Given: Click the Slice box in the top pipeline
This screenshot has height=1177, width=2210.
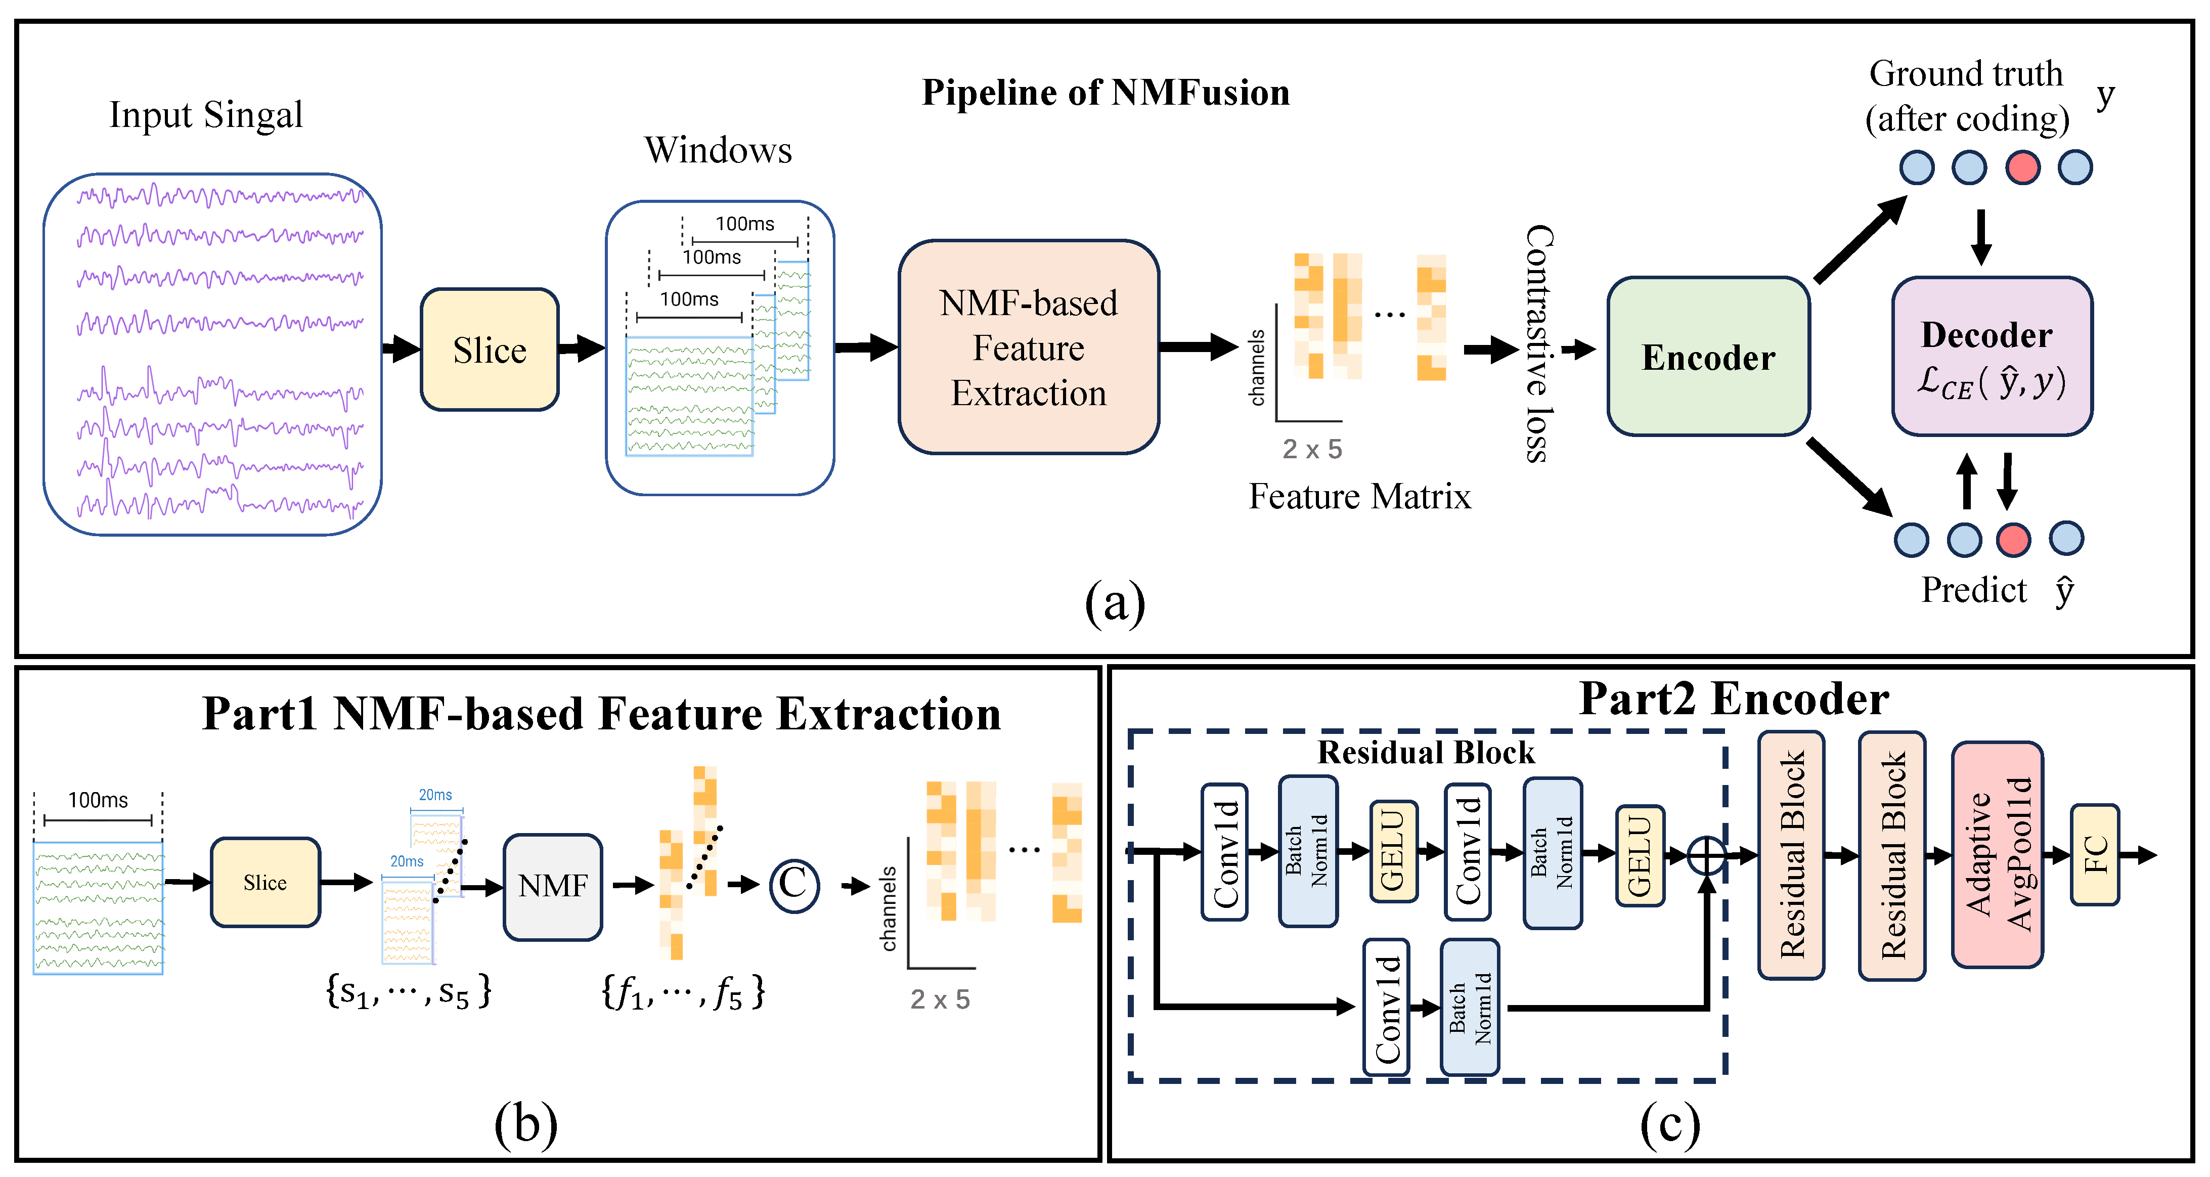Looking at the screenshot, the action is pos(489,349).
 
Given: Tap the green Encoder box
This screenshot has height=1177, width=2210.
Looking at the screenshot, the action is pos(1708,356).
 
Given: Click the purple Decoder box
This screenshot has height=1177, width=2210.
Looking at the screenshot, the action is pos(1992,356).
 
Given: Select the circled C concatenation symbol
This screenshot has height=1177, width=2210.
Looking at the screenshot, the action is pos(793,885).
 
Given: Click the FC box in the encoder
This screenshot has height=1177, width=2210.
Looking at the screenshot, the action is pos(2094,854).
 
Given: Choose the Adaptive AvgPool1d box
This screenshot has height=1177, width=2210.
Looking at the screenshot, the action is pos(1997,854).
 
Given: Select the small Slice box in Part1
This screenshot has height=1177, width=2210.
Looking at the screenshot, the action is pos(265,882).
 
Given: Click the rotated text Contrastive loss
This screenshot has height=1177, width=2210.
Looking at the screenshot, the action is pos(1539,343).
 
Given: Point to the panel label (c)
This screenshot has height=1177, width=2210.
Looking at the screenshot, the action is pos(1669,1125).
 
